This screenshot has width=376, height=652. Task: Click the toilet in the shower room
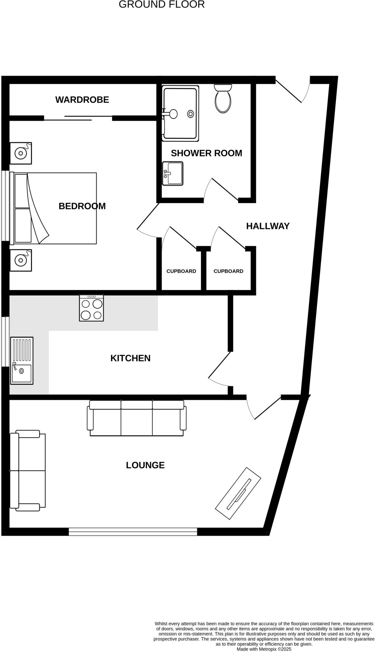pyautogui.click(x=223, y=99)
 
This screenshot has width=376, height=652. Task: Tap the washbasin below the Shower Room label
pyautogui.click(x=173, y=174)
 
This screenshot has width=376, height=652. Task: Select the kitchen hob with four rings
pyautogui.click(x=91, y=308)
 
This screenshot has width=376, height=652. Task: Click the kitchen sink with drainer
pyautogui.click(x=22, y=360)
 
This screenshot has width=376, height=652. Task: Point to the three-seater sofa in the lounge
pyautogui.click(x=137, y=418)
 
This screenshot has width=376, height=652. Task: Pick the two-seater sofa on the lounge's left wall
pyautogui.click(x=27, y=471)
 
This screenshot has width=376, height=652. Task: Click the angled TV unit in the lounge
pyautogui.click(x=238, y=493)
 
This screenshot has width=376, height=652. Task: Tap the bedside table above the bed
pyautogui.click(x=21, y=153)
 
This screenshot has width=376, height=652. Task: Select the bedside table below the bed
pyautogui.click(x=21, y=260)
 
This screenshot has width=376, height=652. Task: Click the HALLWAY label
pyautogui.click(x=268, y=226)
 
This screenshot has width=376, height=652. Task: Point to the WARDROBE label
pyautogui.click(x=82, y=100)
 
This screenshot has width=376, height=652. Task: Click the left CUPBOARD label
pyautogui.click(x=181, y=271)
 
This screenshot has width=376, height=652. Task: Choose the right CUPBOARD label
pyautogui.click(x=228, y=271)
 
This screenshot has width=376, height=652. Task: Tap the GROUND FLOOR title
pyautogui.click(x=162, y=4)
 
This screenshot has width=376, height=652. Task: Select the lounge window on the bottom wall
pyautogui.click(x=133, y=531)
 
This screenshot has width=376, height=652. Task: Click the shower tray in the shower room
pyautogui.click(x=180, y=113)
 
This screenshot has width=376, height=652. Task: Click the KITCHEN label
pyautogui.click(x=130, y=358)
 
